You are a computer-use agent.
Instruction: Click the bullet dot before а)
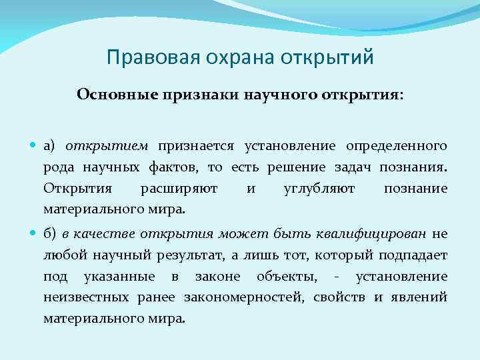[x=35, y=146]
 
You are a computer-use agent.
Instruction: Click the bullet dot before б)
[x=35, y=234]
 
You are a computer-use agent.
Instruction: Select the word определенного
[x=396, y=146]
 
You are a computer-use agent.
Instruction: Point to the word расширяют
[x=179, y=189]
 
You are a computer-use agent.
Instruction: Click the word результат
[x=193, y=255]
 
